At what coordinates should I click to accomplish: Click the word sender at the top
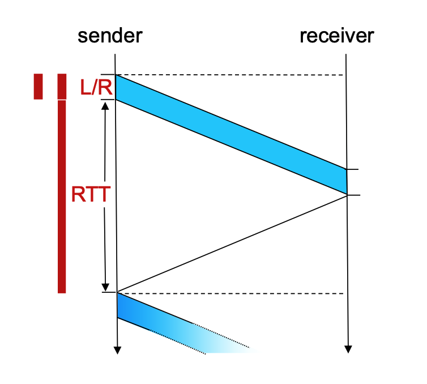point(110,36)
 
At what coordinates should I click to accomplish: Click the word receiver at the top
point(337,36)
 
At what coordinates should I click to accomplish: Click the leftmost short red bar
point(38,86)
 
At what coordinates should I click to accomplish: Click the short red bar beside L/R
point(62,86)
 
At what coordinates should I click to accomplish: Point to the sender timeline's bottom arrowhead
point(117,350)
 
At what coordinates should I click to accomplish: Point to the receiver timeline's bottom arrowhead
point(348,348)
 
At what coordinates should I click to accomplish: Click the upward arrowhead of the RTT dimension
point(105,105)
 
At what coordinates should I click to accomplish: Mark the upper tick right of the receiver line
point(353,169)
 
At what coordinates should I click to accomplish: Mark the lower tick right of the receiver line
point(353,195)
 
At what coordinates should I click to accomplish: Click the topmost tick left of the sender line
point(108,75)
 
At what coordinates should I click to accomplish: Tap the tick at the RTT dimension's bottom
point(108,292)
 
